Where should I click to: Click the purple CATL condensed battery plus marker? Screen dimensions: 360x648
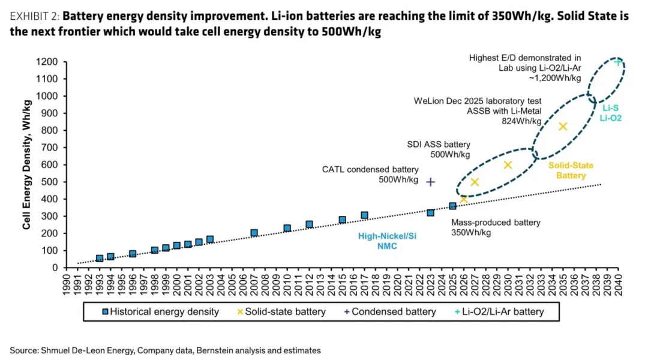click(430, 181)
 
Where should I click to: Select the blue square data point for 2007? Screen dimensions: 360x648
click(254, 233)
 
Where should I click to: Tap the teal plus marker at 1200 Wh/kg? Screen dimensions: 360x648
click(617, 62)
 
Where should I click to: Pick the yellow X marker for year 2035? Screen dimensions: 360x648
click(563, 127)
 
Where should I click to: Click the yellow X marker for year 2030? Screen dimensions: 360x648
click(508, 164)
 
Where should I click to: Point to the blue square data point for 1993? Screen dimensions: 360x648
click(100, 259)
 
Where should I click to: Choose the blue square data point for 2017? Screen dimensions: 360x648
click(364, 215)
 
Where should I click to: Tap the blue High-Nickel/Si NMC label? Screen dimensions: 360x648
click(387, 241)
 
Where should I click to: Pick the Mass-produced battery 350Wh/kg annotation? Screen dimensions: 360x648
click(496, 227)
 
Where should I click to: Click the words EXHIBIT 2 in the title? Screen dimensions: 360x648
click(32, 16)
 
